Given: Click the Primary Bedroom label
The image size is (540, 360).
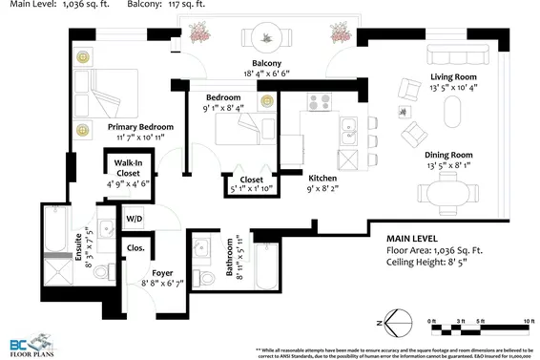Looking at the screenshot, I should click(x=140, y=127).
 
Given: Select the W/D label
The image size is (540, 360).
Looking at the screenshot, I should click(x=135, y=220).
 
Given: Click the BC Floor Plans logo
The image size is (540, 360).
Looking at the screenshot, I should click(x=30, y=341).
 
